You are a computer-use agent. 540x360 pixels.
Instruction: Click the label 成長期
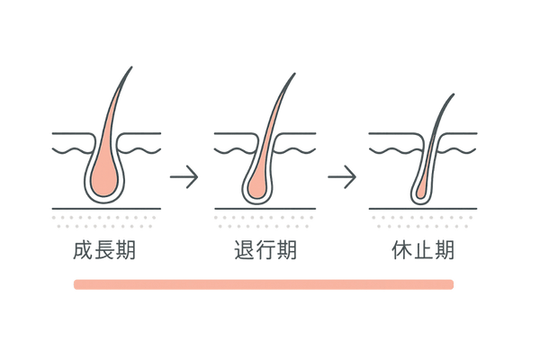click(105, 250)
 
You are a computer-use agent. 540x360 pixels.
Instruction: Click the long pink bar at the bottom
click(263, 284)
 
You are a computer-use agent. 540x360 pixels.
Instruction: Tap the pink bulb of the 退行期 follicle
click(256, 184)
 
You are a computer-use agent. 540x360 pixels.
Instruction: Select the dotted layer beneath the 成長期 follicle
click(105, 222)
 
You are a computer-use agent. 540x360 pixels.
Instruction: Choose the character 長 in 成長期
click(105, 250)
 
